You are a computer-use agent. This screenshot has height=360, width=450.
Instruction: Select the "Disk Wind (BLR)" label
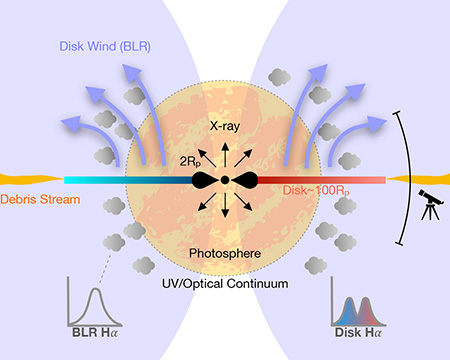pos(105,46)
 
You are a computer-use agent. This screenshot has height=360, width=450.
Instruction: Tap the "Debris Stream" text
pos(40,199)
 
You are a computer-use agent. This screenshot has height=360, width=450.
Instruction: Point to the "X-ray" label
pos(225,126)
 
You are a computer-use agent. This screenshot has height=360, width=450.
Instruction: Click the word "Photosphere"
pos(225,253)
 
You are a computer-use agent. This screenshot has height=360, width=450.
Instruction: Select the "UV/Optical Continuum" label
pos(225,284)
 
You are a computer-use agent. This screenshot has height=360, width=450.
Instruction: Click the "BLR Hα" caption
pos(95,332)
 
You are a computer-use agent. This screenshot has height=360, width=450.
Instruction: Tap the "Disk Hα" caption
pos(358,332)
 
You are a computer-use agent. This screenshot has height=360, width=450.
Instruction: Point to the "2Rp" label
pos(190,162)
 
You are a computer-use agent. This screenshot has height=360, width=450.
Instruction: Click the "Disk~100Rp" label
pos(316,191)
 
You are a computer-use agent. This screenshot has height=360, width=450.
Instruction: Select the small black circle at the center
pos(225,180)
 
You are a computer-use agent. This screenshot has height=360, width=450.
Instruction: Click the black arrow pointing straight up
pos(225,155)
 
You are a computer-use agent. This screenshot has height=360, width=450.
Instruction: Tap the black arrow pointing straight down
pos(225,205)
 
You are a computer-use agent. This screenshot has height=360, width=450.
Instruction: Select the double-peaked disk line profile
pos(358,311)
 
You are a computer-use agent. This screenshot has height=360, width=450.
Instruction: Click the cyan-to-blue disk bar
pos(128,180)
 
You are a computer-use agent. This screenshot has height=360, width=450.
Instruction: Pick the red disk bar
pos(321,180)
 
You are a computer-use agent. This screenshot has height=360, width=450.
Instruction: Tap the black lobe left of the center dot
pos(205,180)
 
